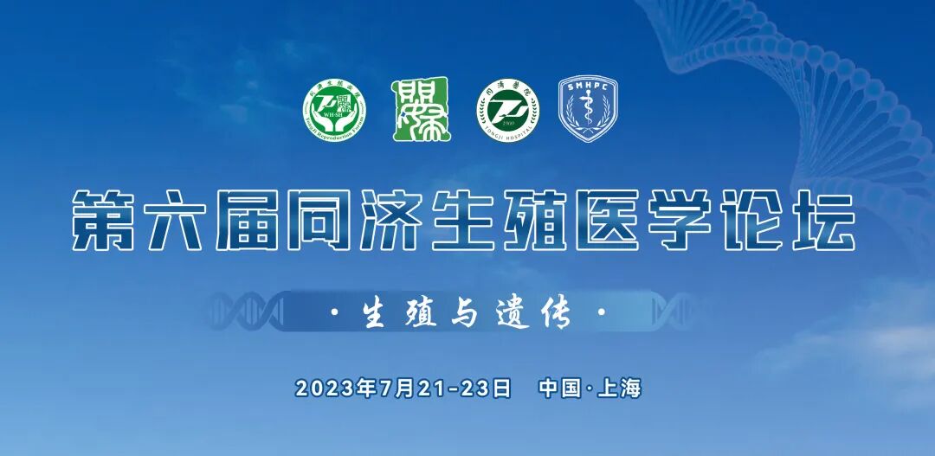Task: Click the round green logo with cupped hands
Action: (x=334, y=112)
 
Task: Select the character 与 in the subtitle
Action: (x=465, y=313)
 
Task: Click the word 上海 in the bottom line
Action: (x=620, y=389)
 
